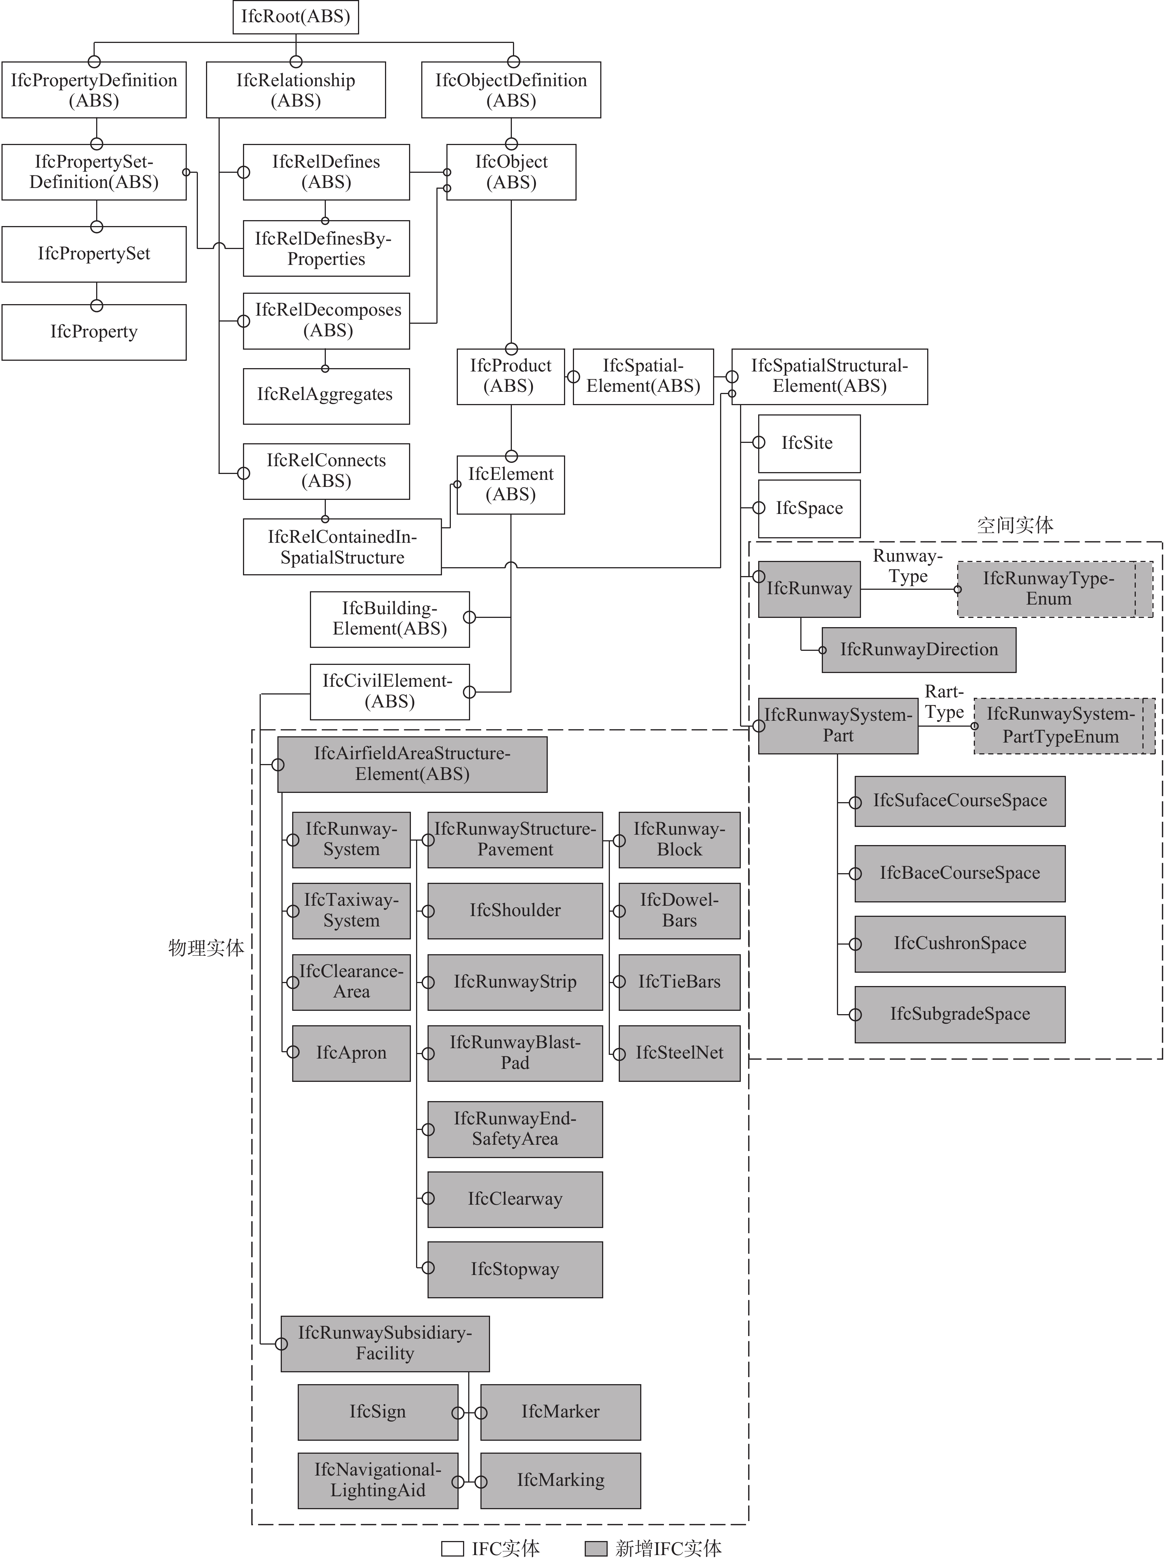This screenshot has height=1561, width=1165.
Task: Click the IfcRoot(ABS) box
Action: [296, 17]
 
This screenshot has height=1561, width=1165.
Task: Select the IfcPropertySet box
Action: [94, 254]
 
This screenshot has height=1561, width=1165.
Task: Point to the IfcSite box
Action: [809, 443]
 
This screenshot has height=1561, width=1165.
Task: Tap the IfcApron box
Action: [351, 1053]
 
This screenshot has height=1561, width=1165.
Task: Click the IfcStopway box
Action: [515, 1270]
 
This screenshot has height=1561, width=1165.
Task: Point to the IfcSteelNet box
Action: [679, 1053]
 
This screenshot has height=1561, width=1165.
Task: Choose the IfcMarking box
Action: [561, 1480]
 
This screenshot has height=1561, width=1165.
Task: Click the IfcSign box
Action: [377, 1412]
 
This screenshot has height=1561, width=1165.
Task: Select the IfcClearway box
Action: [515, 1199]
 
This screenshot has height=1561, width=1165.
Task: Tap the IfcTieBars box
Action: [679, 982]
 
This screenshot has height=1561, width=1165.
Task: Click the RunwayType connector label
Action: [908, 566]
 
